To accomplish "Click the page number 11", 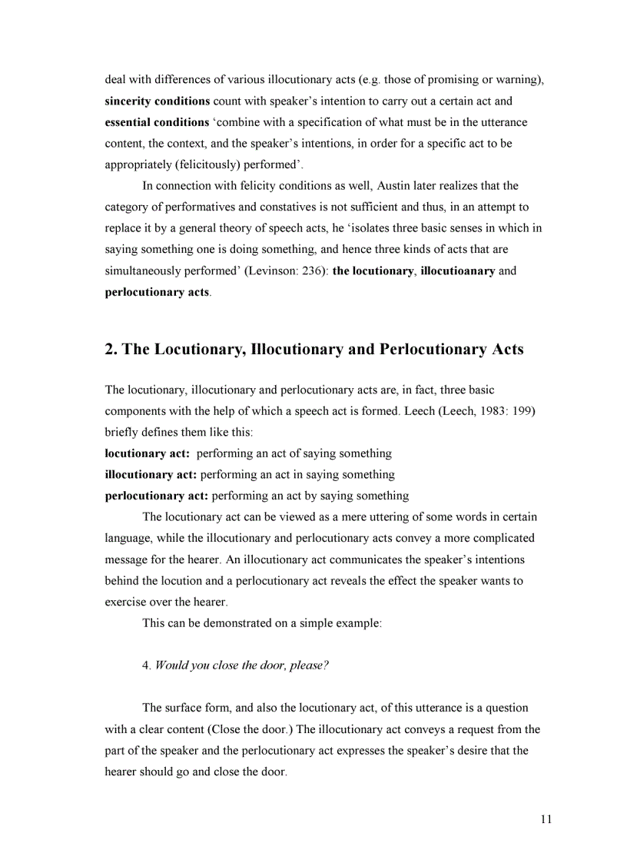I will pyautogui.click(x=546, y=819).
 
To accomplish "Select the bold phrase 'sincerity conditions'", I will pyautogui.click(x=158, y=101).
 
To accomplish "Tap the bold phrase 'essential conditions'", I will pyautogui.click(x=157, y=122).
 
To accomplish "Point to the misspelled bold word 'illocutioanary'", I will pyautogui.click(x=457, y=271).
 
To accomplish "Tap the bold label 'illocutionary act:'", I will pyautogui.click(x=151, y=475).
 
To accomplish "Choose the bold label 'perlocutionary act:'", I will pyautogui.click(x=156, y=496).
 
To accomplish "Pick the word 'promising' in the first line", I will pyautogui.click(x=443, y=80).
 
